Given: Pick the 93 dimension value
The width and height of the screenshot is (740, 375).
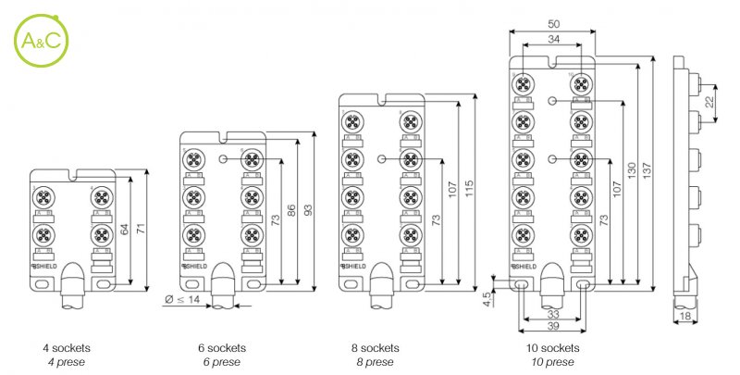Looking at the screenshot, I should (308, 209).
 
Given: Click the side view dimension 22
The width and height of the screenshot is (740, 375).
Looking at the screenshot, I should (709, 103).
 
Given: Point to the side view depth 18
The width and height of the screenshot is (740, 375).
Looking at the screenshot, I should (685, 317).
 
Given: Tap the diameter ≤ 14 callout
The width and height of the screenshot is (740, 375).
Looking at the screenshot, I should (182, 300).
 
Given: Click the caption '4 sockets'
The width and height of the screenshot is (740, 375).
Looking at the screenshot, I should (67, 348).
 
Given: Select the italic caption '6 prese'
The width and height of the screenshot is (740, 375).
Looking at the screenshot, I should (222, 361).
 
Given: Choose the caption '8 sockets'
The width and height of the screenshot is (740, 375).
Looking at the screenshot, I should (377, 348).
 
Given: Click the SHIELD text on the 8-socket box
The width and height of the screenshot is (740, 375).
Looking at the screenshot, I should (354, 267).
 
